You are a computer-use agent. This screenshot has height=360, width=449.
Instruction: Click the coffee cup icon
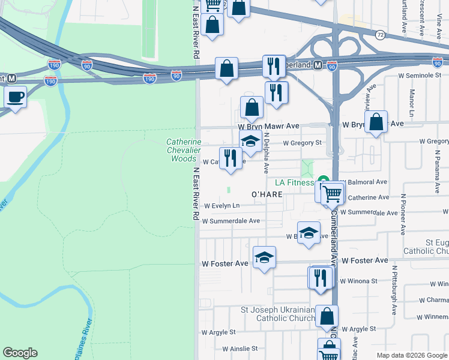(x=16, y=97)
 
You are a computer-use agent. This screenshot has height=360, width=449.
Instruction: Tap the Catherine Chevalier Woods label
(x=181, y=151)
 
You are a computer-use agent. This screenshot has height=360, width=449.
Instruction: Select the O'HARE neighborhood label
(x=267, y=194)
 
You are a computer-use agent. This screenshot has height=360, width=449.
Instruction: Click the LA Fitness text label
(x=295, y=182)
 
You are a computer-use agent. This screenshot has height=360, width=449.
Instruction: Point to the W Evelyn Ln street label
(x=221, y=205)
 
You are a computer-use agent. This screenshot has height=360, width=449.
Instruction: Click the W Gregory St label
(x=303, y=142)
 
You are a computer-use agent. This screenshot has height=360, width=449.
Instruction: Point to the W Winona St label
(x=358, y=280)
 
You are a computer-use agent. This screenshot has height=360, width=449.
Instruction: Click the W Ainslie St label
(x=240, y=348)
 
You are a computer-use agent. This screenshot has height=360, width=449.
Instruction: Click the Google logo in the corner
(x=20, y=353)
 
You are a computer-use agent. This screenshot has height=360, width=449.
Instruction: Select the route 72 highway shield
(x=381, y=35)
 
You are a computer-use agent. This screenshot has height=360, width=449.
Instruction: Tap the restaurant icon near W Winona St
(x=320, y=277)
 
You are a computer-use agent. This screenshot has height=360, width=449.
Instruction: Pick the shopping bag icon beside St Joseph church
(x=327, y=316)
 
